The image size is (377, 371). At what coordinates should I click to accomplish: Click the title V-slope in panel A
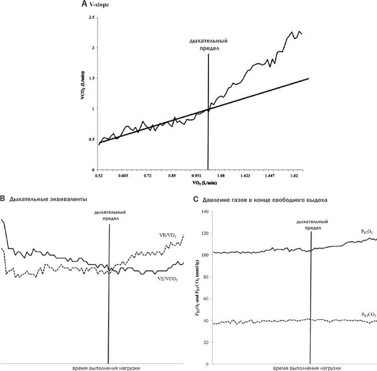point(99,5)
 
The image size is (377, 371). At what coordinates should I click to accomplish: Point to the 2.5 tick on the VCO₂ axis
point(91,17)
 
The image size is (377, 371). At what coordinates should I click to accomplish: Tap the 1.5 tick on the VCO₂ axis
point(91,78)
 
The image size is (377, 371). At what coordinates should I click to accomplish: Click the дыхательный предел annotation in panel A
point(208,45)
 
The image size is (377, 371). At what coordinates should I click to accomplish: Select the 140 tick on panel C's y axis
point(203,212)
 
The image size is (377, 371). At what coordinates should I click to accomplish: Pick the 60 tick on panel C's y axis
point(205,299)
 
